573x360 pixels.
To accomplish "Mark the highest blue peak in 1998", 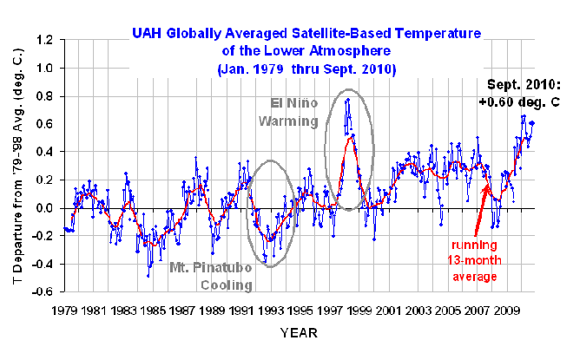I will [x=348, y=99].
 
